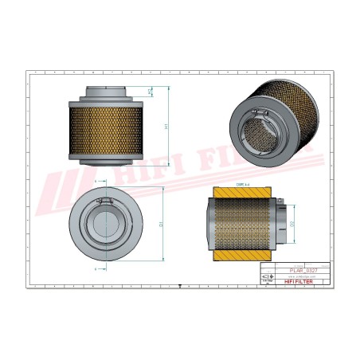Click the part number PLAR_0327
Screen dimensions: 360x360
point(296,272)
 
